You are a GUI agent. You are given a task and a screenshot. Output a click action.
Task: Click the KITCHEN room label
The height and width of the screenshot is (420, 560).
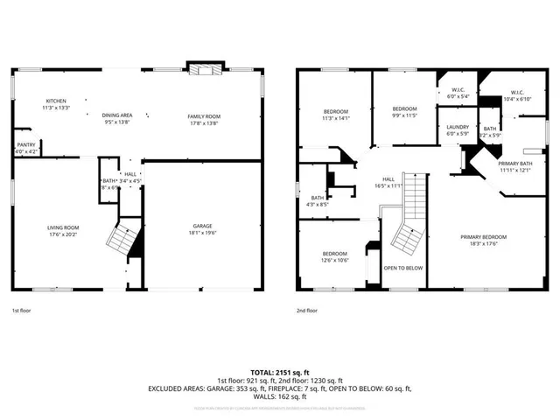click(56, 101)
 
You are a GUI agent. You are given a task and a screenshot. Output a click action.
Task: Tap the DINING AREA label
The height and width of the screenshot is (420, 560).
click(116, 115)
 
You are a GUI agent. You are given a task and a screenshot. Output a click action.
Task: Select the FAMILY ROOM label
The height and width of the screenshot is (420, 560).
click(204, 116)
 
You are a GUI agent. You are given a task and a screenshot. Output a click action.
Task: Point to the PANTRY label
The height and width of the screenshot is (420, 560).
click(26, 145)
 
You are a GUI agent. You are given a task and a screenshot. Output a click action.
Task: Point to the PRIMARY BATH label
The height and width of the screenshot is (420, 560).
click(514, 164)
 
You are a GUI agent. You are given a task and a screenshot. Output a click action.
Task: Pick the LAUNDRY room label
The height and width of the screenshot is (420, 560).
click(458, 127)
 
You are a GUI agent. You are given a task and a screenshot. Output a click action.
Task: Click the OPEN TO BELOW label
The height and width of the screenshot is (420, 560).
click(403, 268)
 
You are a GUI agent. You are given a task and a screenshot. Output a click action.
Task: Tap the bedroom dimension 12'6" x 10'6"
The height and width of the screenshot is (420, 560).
click(335, 260)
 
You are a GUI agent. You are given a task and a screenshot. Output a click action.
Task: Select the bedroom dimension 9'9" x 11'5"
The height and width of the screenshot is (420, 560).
click(404, 115)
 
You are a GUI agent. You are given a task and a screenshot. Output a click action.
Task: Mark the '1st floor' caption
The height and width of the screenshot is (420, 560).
click(23, 310)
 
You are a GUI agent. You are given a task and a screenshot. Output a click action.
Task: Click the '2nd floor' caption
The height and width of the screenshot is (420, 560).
click(306, 310)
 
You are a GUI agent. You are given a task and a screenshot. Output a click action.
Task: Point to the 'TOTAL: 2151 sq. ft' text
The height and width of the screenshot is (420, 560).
click(279, 372)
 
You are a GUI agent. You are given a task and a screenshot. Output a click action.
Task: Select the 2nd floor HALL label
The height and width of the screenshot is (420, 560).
click(388, 179)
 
